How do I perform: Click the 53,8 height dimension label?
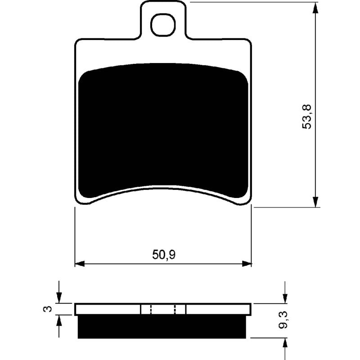click(x=307, y=117)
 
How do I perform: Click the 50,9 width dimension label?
click(x=164, y=255)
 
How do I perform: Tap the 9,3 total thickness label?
click(x=284, y=320)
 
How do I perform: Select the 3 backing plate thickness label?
click(x=47, y=309)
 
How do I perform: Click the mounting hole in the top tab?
click(x=163, y=25)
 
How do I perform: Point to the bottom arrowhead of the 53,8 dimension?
click(x=316, y=202)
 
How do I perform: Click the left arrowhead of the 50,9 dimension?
click(x=80, y=264)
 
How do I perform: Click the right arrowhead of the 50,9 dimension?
click(x=247, y=264)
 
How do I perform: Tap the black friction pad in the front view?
click(x=163, y=129)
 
